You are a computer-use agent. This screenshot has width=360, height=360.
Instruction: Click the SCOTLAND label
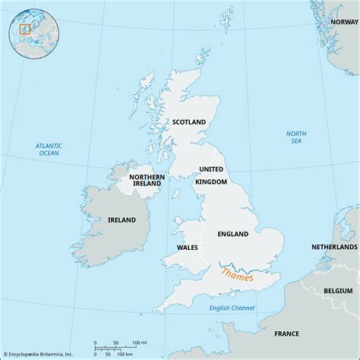pyautogui.click(x=189, y=122)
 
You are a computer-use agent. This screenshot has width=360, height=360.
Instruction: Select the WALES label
pyautogui.click(x=187, y=247)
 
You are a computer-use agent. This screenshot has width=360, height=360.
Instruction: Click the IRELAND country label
pyautogui.click(x=121, y=220)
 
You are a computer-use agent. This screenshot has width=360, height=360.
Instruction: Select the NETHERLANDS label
pyautogui.click(x=334, y=248)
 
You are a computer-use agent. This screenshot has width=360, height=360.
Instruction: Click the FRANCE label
pyautogui.click(x=286, y=333)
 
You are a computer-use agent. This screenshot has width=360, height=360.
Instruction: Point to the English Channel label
pyautogui.click(x=232, y=307)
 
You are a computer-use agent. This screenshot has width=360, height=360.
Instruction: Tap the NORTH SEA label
pyautogui.click(x=296, y=137)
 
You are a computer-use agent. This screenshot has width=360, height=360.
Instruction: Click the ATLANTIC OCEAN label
pyautogui.click(x=49, y=149)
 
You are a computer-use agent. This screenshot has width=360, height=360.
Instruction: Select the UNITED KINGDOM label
pyautogui.click(x=211, y=175)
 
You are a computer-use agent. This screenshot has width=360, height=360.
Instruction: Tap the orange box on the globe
pyautogui.click(x=24, y=30)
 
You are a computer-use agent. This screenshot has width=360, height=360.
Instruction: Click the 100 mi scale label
pyautogui.click(x=137, y=343)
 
